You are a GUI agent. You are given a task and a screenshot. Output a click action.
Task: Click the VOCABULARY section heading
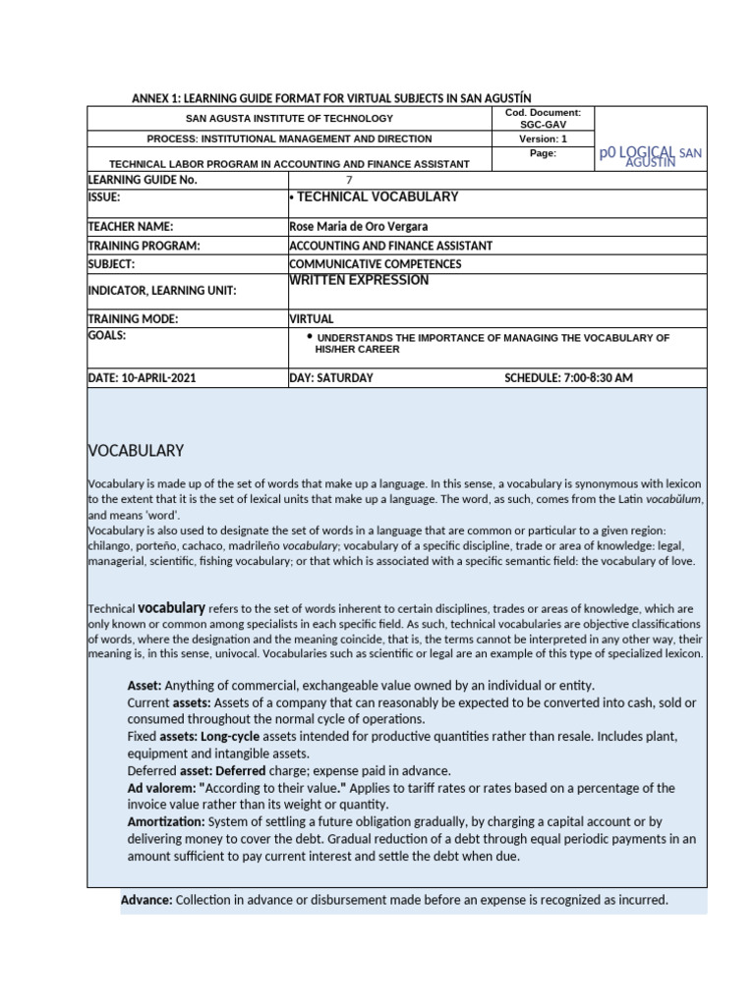(136, 451)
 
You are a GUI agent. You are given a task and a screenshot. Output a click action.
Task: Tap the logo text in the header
(650, 155)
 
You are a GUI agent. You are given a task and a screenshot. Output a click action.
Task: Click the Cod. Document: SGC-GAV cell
(543, 119)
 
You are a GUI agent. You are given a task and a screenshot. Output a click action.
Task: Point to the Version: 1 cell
(543, 139)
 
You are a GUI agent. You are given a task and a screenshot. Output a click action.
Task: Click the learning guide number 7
(348, 180)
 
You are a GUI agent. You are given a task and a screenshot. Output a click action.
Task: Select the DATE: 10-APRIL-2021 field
(142, 378)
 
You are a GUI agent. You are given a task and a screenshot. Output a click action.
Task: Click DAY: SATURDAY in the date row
(331, 378)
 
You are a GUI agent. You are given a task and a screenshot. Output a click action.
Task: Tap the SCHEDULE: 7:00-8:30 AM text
(568, 378)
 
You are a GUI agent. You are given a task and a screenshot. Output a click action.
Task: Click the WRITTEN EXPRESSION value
(359, 281)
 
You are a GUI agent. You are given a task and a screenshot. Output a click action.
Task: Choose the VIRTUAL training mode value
(312, 319)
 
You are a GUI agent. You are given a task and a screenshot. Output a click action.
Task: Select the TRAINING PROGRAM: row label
(144, 246)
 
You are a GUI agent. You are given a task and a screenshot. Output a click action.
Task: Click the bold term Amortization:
(166, 821)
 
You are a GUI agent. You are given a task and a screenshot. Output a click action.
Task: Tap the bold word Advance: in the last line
(146, 900)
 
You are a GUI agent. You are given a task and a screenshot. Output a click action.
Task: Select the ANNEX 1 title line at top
(331, 98)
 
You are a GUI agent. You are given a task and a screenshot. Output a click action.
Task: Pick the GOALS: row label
(107, 335)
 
